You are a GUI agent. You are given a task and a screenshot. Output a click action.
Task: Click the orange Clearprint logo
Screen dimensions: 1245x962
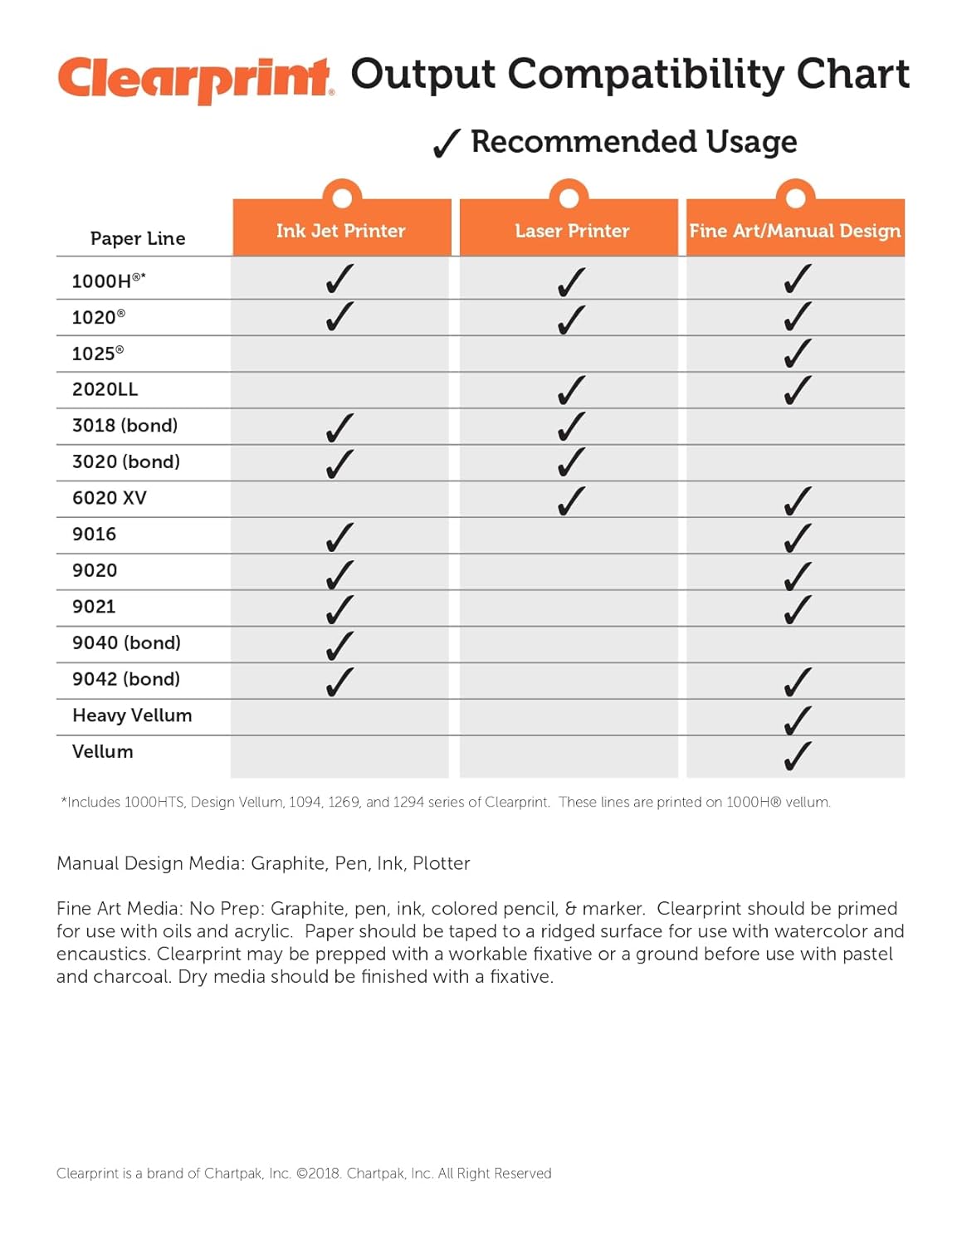coord(195,79)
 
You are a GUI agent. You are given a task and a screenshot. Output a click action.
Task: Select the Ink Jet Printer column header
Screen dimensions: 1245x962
coord(341,231)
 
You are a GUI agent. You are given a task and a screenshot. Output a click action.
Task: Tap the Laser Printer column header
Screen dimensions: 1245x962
coord(572,231)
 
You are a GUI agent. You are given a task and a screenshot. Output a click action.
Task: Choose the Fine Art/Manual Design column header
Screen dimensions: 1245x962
coord(794,231)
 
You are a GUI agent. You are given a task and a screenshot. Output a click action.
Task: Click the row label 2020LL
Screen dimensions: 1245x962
coord(105,389)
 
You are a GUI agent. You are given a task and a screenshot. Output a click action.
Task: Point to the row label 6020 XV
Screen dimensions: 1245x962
coord(110,498)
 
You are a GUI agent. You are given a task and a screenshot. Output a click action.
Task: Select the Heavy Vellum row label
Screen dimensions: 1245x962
coord(132,715)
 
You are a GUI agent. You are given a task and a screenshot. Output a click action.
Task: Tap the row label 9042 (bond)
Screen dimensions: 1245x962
coord(126,679)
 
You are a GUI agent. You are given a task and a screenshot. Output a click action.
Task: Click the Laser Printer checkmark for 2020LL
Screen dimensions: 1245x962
coord(571,389)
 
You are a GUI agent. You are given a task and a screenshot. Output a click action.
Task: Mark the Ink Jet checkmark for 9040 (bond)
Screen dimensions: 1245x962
coord(339,645)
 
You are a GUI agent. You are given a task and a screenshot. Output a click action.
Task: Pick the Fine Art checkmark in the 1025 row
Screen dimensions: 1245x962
coord(797,353)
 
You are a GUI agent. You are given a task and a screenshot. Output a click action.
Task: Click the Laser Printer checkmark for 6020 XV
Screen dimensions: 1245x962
coord(571,500)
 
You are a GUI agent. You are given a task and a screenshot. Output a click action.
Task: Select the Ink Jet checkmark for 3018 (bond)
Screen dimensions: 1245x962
coord(339,427)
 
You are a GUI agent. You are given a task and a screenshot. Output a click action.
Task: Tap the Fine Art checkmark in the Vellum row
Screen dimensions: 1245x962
coord(797,754)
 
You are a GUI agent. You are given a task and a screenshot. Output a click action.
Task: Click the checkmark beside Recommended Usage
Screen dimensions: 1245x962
coord(446,144)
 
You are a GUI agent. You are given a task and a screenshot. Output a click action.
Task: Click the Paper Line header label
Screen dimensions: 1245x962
coord(138,239)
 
